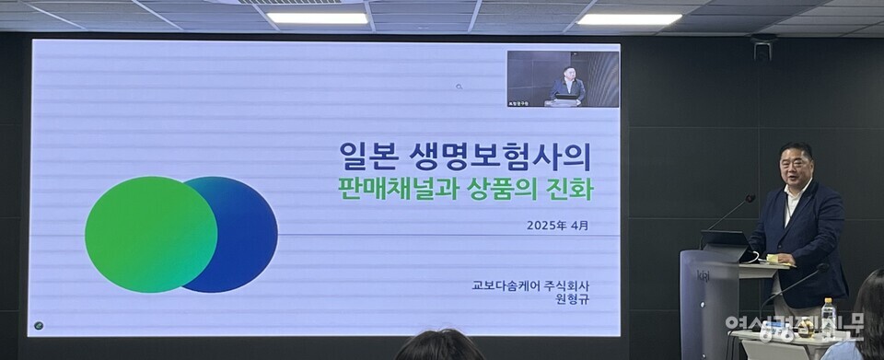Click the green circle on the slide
point(150,234)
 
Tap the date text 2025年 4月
point(557,225)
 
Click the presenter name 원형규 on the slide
point(571,300)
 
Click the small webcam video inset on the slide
point(563,79)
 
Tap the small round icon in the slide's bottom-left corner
point(38,324)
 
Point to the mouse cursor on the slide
point(459,87)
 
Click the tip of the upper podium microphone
point(750,198)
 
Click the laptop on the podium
point(725,240)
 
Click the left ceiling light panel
point(317,17)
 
